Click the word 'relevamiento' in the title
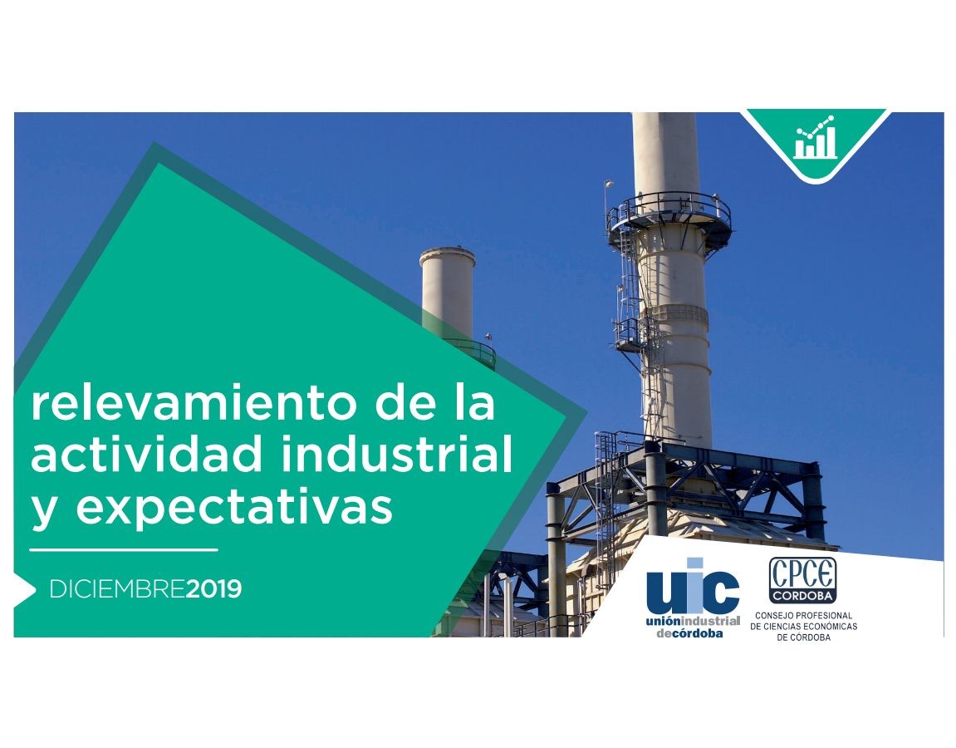[194, 403]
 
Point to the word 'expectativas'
[234, 508]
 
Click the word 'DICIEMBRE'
[117, 588]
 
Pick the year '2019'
[213, 588]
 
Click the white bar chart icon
[815, 137]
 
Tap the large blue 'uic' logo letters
[693, 586]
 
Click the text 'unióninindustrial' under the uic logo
[693, 621]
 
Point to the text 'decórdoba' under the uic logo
[689, 633]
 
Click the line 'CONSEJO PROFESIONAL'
[803, 616]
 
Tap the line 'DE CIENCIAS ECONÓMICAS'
[803, 627]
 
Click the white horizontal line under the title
[124, 549]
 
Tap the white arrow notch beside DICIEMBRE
[24, 589]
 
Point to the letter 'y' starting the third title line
[44, 511]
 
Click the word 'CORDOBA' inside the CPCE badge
[802, 595]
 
